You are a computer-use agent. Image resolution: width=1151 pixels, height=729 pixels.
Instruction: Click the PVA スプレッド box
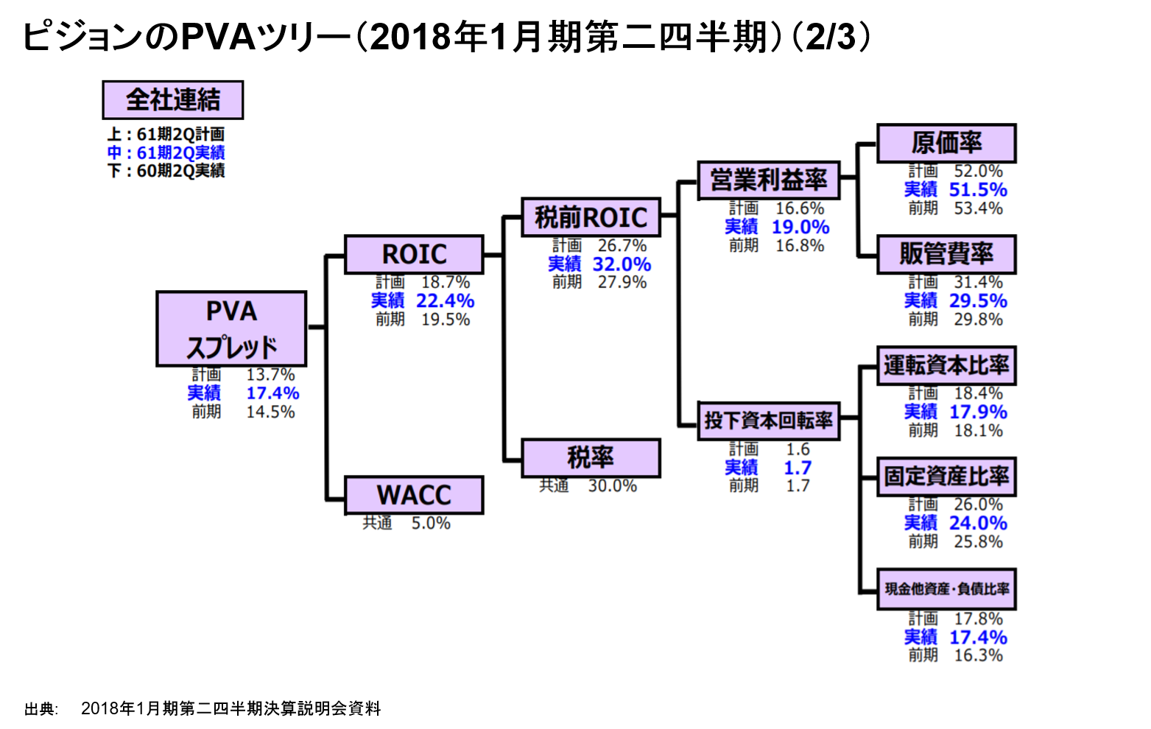click(x=231, y=328)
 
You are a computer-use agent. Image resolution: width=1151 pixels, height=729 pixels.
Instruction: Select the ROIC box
click(x=414, y=254)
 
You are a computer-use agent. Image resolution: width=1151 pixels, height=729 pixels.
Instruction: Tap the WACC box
click(x=414, y=495)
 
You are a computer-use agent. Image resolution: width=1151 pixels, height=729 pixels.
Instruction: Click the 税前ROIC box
click(x=591, y=217)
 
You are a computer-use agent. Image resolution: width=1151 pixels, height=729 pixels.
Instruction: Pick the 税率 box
click(x=591, y=458)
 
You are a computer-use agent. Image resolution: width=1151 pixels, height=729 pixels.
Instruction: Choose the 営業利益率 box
click(x=768, y=180)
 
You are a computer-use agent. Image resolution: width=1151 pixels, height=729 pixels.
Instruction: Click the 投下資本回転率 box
click(x=768, y=420)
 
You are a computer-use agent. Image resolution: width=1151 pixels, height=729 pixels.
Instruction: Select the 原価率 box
click(x=946, y=143)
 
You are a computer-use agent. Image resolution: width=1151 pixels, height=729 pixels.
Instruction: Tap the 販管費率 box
click(x=946, y=254)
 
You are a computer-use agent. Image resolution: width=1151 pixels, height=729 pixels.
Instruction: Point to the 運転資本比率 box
click(x=946, y=365)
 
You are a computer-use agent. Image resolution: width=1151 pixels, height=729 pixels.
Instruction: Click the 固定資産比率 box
click(x=946, y=476)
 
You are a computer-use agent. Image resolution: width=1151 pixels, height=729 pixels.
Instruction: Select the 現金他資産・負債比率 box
click(x=946, y=588)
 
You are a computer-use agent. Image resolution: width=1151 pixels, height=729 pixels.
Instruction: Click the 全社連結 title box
click(x=172, y=99)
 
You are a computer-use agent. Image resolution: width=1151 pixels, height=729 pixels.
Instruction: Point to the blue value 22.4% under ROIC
click(x=445, y=300)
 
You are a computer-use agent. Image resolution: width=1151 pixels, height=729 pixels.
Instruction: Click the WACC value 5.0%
click(x=431, y=523)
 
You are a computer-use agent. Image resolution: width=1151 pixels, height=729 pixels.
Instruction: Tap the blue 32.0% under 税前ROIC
click(x=622, y=264)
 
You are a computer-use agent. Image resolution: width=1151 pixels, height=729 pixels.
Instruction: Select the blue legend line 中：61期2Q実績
click(x=166, y=152)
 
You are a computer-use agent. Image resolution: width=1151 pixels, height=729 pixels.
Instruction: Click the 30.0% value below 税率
click(x=612, y=486)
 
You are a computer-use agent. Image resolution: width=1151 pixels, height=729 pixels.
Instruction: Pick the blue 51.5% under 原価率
click(x=977, y=189)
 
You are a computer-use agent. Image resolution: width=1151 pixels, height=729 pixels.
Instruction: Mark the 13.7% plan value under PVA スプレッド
click(x=270, y=375)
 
